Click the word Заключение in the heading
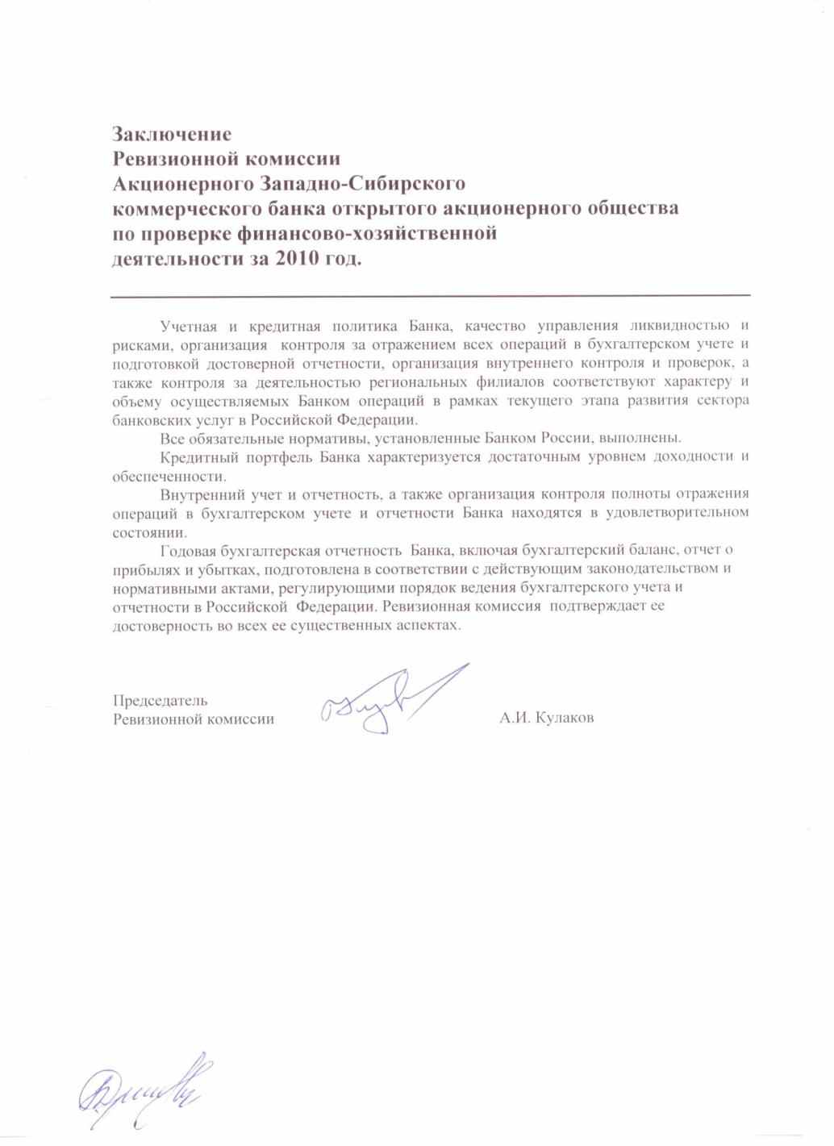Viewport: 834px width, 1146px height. pos(172,133)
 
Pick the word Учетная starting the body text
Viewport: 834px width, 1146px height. pos(189,327)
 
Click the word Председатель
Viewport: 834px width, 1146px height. pos(161,700)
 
